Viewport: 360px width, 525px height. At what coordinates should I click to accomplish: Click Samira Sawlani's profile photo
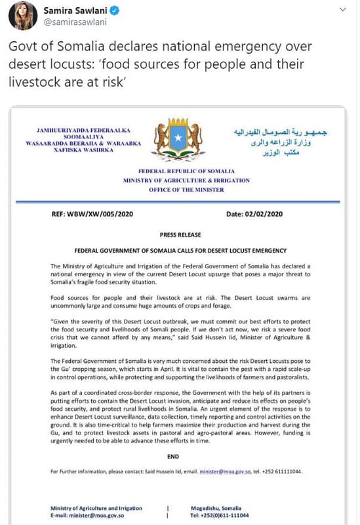(x=23, y=15)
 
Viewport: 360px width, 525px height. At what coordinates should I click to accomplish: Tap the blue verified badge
(x=113, y=10)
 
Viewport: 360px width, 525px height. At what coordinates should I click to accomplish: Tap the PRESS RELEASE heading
(x=180, y=234)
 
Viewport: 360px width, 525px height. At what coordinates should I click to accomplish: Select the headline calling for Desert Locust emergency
(x=180, y=250)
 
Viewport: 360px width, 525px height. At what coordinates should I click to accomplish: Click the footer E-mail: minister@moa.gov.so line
(x=89, y=516)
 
